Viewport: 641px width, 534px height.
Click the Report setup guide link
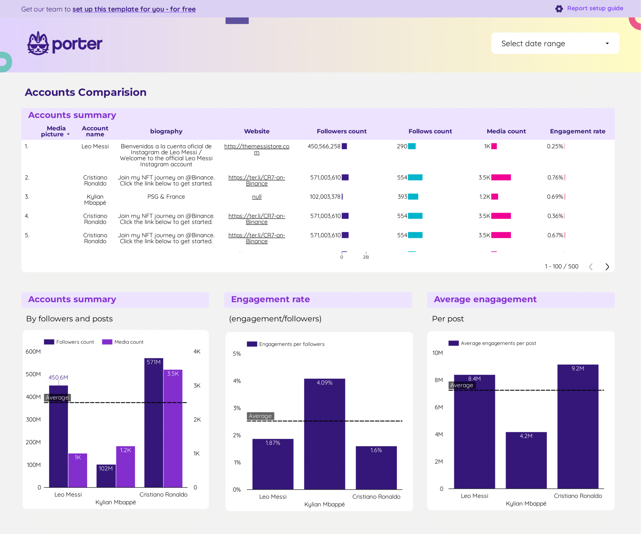pos(594,8)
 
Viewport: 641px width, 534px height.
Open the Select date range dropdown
pos(555,44)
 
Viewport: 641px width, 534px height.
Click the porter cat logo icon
pos(38,44)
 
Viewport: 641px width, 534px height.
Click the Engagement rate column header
pos(577,131)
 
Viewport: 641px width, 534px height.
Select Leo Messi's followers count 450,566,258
pos(324,146)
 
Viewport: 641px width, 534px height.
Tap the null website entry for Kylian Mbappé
pos(256,197)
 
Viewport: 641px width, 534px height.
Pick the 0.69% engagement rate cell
pos(555,197)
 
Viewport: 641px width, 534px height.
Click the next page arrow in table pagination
pos(607,267)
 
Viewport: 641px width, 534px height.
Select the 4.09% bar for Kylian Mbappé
pos(324,434)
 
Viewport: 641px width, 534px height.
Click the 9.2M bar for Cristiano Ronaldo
pos(577,426)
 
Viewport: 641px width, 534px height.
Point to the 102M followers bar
pos(106,476)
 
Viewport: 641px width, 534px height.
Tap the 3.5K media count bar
pos(173,429)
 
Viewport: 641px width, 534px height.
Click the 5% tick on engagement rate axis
pos(237,354)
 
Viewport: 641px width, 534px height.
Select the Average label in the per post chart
pos(462,385)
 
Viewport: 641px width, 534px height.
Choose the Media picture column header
pos(56,131)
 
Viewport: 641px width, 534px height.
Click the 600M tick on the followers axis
pos(33,351)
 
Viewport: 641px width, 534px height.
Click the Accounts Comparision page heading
pos(85,92)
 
